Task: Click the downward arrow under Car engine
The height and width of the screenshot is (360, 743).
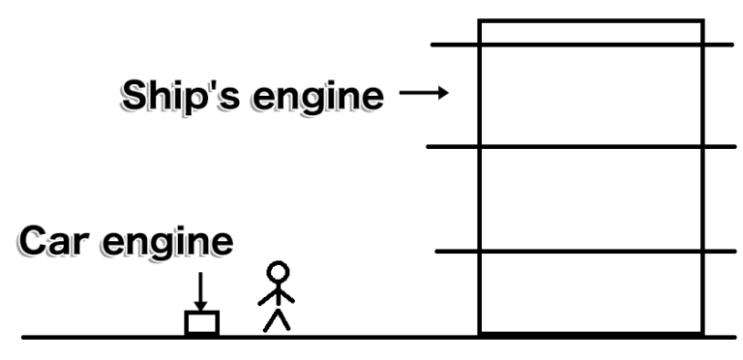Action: tap(201, 289)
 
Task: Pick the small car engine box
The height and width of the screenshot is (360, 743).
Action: tap(202, 323)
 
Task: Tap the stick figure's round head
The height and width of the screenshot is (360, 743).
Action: tap(279, 274)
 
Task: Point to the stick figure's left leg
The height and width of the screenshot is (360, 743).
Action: tap(271, 320)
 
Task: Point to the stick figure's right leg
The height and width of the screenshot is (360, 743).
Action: tap(285, 320)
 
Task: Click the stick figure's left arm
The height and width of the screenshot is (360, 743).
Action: tap(268, 296)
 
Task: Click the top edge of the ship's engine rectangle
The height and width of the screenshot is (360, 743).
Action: tap(590, 20)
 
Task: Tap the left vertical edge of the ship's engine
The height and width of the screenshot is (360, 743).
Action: tap(480, 194)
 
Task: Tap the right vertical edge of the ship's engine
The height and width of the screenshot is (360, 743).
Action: tap(702, 194)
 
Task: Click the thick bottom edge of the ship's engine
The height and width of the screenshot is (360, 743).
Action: tap(590, 334)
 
